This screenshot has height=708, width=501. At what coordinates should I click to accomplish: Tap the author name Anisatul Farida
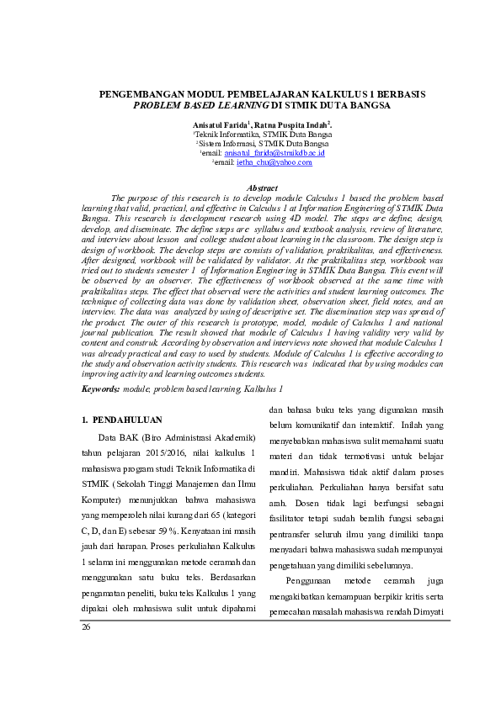click(219, 124)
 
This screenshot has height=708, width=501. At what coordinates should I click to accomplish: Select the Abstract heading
click(261, 188)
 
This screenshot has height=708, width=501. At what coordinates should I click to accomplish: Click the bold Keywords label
click(100, 389)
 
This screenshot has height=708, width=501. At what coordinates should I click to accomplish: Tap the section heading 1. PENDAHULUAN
click(121, 419)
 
